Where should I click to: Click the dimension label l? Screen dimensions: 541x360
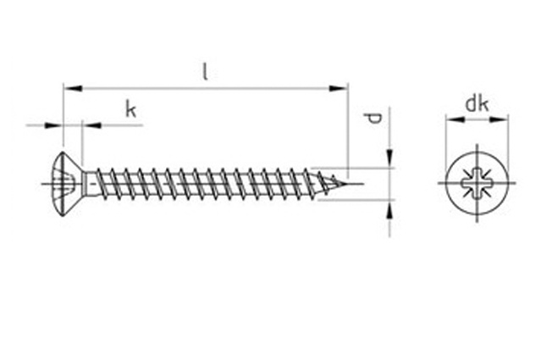(205, 71)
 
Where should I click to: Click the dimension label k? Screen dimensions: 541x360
(130, 109)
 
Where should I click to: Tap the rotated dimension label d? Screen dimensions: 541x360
(373, 118)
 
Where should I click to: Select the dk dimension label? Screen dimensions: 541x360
(477, 104)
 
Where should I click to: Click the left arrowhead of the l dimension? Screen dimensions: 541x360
(73, 88)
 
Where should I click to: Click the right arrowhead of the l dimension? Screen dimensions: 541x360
(339, 88)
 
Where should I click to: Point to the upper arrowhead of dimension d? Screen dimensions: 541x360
(389, 158)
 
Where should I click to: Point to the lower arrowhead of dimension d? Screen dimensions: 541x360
(389, 209)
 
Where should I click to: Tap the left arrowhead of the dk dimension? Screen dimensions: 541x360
(455, 119)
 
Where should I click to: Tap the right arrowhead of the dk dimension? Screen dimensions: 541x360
(499, 119)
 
